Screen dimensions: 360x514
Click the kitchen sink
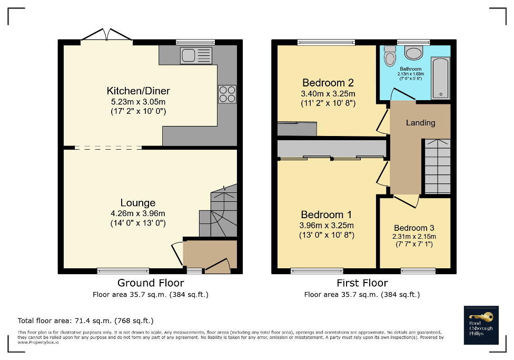click(196, 55)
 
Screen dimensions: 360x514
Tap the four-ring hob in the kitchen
click(227, 94)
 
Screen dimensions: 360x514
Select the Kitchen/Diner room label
click(138, 91)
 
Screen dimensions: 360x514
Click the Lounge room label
click(138, 203)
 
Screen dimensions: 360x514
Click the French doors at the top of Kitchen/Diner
click(106, 35)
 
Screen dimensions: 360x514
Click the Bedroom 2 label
click(328, 83)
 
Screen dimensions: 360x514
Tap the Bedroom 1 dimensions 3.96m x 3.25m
click(327, 226)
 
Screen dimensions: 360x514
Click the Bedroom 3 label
click(415, 228)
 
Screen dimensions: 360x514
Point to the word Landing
click(420, 123)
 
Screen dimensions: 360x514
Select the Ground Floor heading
click(151, 283)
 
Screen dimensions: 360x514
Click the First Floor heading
click(362, 283)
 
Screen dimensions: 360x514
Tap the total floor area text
click(85, 320)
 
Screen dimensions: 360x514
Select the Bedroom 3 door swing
click(407, 201)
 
